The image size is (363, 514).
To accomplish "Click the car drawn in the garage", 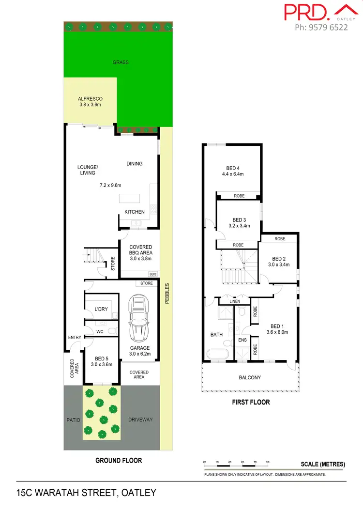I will coord(139,317).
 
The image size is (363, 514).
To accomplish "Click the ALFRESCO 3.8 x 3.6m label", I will coord(90,102).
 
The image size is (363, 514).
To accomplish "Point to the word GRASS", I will coord(121,62).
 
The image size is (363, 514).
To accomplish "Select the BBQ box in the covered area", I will coord(153,274).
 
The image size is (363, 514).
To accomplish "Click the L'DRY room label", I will coord(101,309).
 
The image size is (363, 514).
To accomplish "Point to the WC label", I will coord(100,332).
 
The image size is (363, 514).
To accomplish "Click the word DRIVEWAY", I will coord(140,420).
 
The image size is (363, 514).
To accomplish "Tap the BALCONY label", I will coord(250,378).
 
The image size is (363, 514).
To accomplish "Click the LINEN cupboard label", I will coord(234,301).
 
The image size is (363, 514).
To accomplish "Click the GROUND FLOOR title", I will coord(119,460).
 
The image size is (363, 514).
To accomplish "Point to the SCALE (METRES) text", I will coord(323,464).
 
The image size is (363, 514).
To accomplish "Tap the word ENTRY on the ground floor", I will coord(75,338).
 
